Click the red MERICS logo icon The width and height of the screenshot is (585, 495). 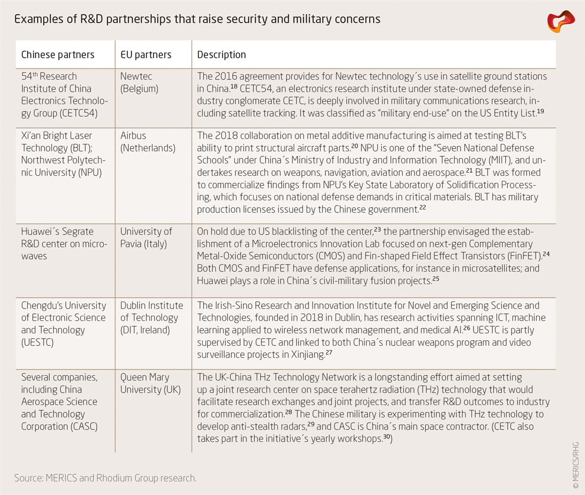[560, 21]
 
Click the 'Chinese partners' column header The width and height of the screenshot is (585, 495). [58, 55]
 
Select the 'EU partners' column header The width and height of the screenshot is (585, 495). [146, 55]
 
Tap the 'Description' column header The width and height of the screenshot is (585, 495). [221, 55]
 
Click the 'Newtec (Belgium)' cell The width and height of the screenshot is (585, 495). [140, 83]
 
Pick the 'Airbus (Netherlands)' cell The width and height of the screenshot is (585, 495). [148, 142]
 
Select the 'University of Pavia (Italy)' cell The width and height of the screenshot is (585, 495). [146, 237]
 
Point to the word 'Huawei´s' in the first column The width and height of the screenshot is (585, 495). [41, 231]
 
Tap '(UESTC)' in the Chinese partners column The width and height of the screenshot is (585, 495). [39, 343]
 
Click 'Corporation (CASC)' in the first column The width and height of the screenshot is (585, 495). [60, 427]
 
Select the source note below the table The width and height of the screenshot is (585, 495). [106, 478]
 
